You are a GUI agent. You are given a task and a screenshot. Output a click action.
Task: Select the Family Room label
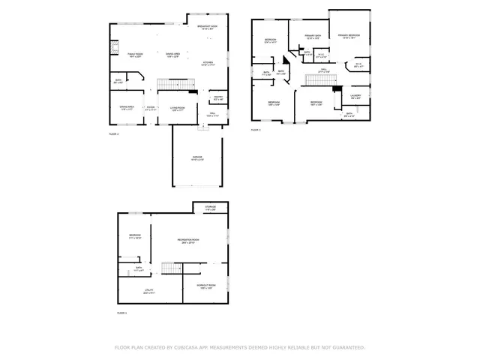click(135, 55)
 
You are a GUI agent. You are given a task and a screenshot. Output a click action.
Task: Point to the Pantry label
click(218, 97)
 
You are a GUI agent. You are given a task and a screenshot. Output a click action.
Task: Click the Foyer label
click(150, 108)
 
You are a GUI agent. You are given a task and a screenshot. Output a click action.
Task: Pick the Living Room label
click(177, 108)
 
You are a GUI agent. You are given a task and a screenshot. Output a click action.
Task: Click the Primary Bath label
click(313, 36)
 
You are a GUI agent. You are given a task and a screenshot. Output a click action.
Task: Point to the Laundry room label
click(355, 96)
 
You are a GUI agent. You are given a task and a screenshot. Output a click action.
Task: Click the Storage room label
click(210, 208)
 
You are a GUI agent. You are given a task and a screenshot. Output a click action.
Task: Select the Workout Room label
click(205, 286)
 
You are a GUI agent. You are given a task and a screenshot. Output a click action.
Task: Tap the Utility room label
click(148, 290)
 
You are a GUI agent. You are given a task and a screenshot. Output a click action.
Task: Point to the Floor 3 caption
click(255, 129)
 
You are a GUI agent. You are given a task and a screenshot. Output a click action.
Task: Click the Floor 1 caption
click(121, 313)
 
